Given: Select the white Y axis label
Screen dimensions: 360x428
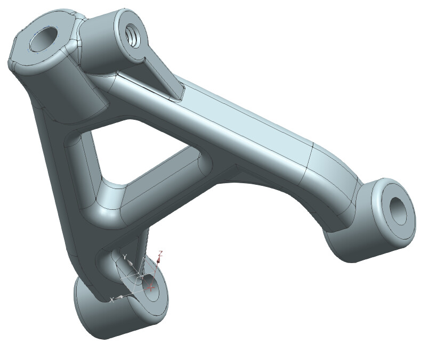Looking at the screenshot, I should (124, 257).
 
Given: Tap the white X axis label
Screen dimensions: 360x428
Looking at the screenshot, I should (111, 300).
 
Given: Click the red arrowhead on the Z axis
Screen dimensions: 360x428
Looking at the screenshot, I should (159, 261).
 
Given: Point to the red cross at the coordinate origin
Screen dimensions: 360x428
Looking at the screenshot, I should (151, 287).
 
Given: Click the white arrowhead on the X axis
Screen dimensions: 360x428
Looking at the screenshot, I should (120, 297).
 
